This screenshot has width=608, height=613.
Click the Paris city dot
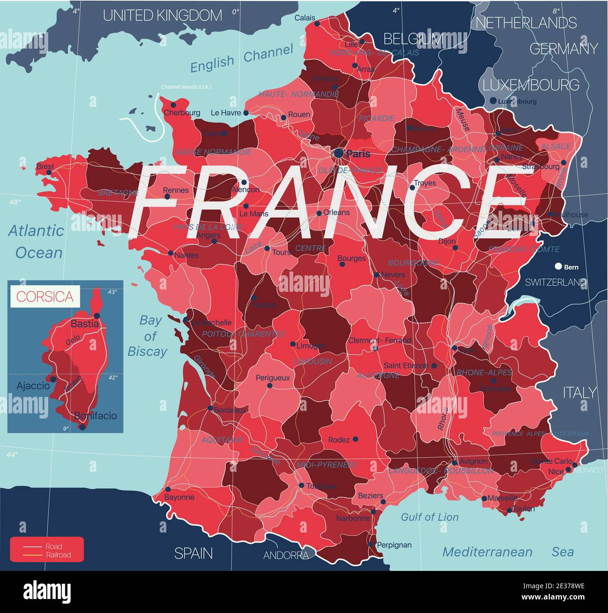(339, 153)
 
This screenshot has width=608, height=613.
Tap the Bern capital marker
(557, 267)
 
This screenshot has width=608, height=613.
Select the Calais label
(304, 18)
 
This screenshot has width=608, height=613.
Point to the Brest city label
(45, 166)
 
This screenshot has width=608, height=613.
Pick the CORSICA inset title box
(45, 296)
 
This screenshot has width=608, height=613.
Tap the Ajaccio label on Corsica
(33, 386)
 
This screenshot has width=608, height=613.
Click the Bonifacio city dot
(82, 426)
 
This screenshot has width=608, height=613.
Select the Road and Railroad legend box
(47, 550)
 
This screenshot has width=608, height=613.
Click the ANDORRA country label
(286, 555)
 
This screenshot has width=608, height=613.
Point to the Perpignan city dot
(370, 544)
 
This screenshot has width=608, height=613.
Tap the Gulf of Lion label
(429, 517)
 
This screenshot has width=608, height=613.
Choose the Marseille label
(502, 498)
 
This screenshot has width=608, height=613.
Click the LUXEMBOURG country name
(531, 85)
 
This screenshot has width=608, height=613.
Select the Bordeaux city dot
(210, 408)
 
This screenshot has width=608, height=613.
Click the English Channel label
(241, 59)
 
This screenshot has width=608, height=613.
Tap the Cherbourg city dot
(173, 105)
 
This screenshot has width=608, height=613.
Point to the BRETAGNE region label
(118, 193)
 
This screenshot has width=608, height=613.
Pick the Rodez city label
(339, 440)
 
